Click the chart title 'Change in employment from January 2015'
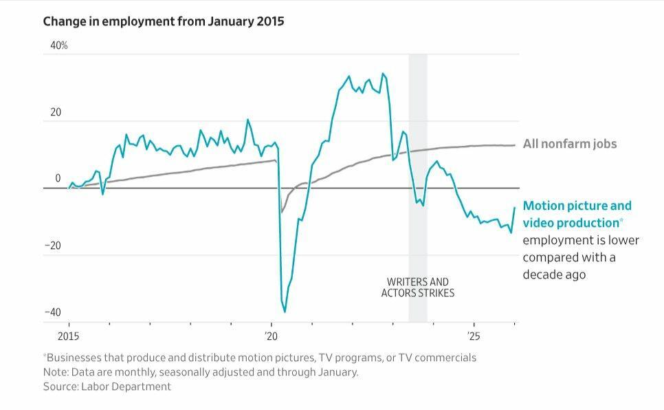pos(163,21)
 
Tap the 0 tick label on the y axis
pos(58,179)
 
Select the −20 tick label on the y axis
pos(53,246)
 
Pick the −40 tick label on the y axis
pos(53,312)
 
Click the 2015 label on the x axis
pos(68,336)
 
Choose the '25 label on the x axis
pos(474,336)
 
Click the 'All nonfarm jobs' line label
pos(570,144)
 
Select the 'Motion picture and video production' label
pos(576,214)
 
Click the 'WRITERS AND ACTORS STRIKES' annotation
pos(418,288)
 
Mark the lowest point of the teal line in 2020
pos(285,312)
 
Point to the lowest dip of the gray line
pos(282,212)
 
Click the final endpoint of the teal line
pos(514,207)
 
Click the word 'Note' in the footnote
pos(54,372)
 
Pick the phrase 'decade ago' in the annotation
pos(555,274)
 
